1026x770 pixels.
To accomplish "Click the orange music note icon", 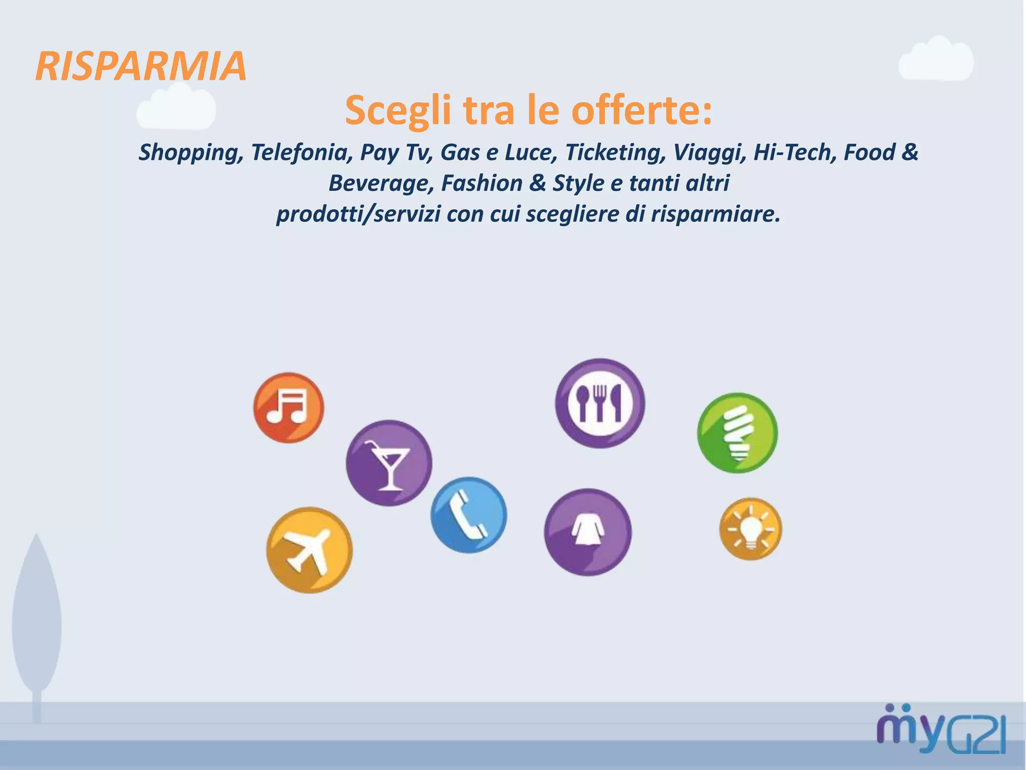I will pyautogui.click(x=289, y=408).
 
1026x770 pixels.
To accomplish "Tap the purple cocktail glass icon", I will pyautogui.click(x=389, y=463).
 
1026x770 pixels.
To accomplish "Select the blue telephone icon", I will pyautogui.click(x=468, y=515).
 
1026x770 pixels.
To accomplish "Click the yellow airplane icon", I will pyautogui.click(x=309, y=550).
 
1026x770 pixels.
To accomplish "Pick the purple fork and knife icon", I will pyautogui.click(x=600, y=403).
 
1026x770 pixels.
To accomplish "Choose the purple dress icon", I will pyautogui.click(x=588, y=532).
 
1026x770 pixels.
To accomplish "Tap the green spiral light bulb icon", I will pyautogui.click(x=737, y=433).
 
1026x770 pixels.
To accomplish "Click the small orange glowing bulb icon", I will pyautogui.click(x=750, y=529).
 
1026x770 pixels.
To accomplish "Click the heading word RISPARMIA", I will pyautogui.click(x=141, y=66).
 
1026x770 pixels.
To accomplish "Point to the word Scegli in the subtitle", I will pyautogui.click(x=398, y=110).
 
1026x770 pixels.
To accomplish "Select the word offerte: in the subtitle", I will pyautogui.click(x=642, y=110).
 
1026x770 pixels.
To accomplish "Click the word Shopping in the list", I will pyautogui.click(x=191, y=152).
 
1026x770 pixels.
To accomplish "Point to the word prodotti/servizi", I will pyautogui.click(x=358, y=214).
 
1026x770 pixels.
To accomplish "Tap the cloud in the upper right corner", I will pyautogui.click(x=936, y=59).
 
